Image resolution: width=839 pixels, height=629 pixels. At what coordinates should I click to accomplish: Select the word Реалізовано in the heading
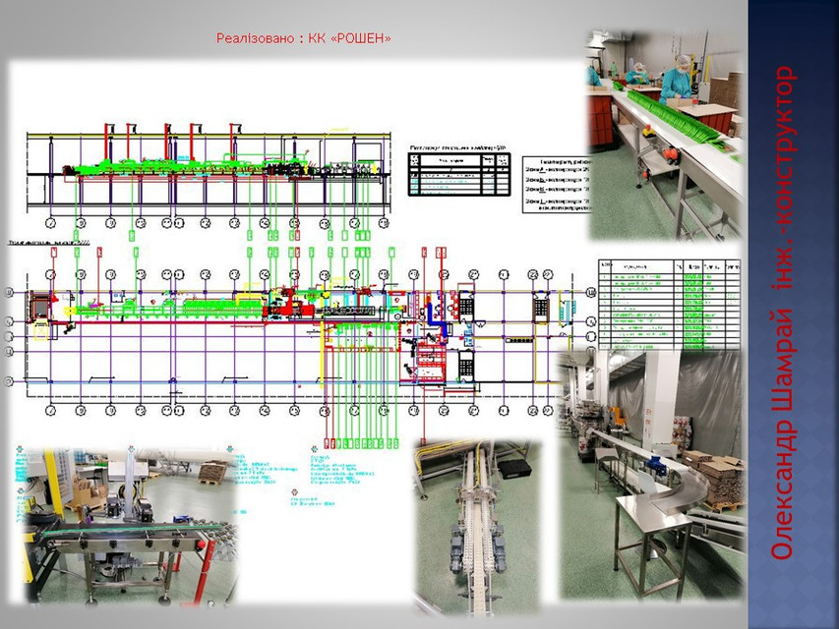255,38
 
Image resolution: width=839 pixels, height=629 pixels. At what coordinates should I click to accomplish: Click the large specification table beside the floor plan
669,304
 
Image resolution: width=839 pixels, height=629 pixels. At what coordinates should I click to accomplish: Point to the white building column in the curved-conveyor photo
661,393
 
